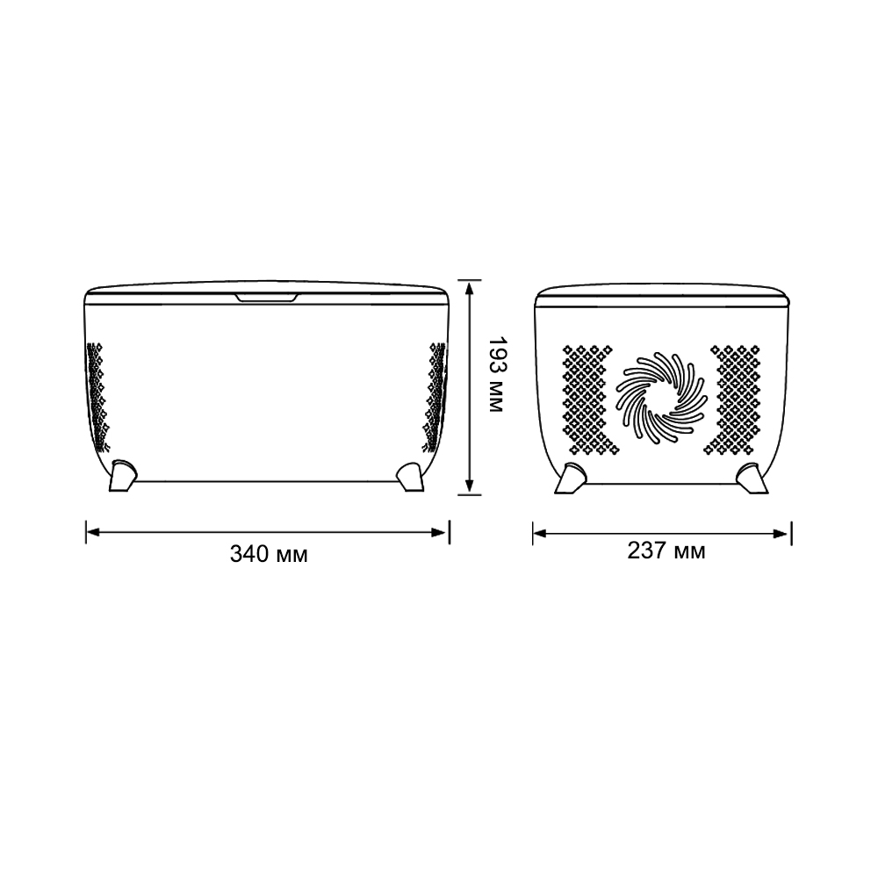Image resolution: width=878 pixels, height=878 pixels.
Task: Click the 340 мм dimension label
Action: point(269,555)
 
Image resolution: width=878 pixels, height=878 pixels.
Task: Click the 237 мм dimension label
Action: point(666,551)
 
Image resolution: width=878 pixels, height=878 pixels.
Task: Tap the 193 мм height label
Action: point(498,376)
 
